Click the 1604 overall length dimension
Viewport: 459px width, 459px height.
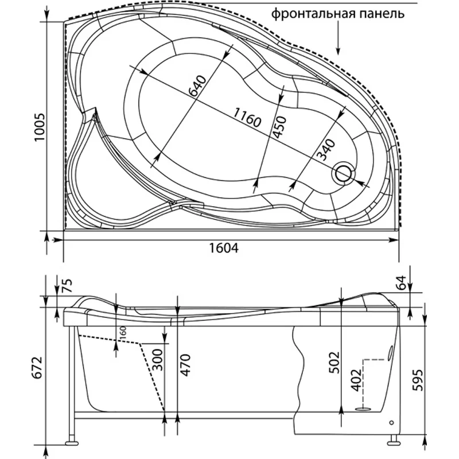point(222,248)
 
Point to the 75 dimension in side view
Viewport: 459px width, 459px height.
point(68,285)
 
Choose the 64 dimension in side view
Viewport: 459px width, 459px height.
point(402,282)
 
